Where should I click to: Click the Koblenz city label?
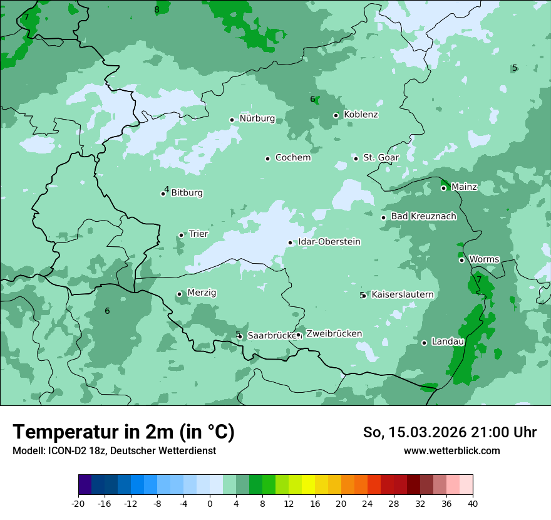pos(361,115)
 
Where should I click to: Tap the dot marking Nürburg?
pos(232,120)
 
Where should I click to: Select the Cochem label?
pos(292,158)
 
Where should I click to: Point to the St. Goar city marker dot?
pos(356,159)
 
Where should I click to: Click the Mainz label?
pos(464,187)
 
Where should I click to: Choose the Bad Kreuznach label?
pos(423,216)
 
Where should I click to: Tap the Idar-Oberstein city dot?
pos(290,242)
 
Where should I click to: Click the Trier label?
pos(198,234)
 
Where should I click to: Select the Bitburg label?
pos(187,193)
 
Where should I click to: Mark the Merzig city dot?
pos(179,294)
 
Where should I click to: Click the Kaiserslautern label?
pos(402,294)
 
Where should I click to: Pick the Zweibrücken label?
pos(334,334)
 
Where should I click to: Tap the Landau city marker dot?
pos(424,343)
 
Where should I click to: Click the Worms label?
pos(484,259)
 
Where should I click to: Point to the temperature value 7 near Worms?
pos(479,279)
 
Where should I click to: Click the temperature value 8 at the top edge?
pos(157,9)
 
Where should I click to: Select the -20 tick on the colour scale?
pos(78,503)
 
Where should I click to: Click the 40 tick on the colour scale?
pos(473,503)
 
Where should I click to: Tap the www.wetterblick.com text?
pos(451,450)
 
